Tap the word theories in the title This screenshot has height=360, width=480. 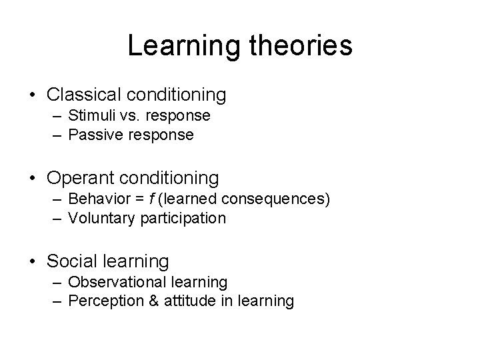(x=298, y=46)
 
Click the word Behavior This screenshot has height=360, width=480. (x=96, y=199)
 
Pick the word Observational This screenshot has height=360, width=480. (x=114, y=281)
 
